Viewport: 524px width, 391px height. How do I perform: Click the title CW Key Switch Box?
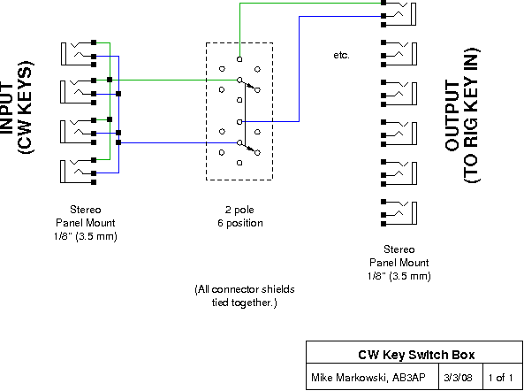click(x=416, y=355)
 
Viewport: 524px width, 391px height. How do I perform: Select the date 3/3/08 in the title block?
click(x=458, y=378)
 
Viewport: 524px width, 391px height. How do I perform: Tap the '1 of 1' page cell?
click(x=500, y=378)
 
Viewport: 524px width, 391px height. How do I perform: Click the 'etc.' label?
click(x=341, y=55)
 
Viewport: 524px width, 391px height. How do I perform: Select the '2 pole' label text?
click(x=239, y=210)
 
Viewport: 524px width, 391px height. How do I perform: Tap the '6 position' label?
click(x=240, y=223)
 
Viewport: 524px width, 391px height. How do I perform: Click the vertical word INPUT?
click(x=6, y=108)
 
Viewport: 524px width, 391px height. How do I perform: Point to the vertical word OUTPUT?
click(x=452, y=116)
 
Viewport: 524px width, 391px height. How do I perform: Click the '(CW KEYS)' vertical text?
click(x=26, y=108)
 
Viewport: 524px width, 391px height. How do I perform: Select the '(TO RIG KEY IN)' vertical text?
click(x=472, y=115)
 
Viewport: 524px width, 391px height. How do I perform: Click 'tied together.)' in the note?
click(x=244, y=303)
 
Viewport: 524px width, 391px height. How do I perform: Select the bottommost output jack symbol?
click(x=399, y=212)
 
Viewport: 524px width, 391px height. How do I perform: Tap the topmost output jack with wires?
click(x=399, y=14)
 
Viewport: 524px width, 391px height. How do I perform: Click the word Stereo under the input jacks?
click(x=86, y=210)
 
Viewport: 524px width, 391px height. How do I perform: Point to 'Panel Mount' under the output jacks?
click(x=399, y=263)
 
